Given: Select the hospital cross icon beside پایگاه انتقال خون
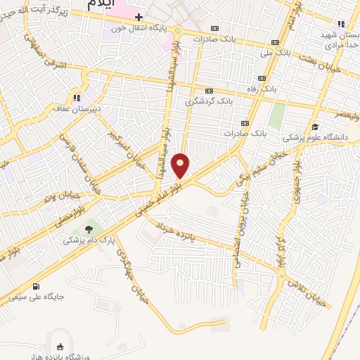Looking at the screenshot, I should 139,17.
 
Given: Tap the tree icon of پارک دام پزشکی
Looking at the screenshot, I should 89,229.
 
